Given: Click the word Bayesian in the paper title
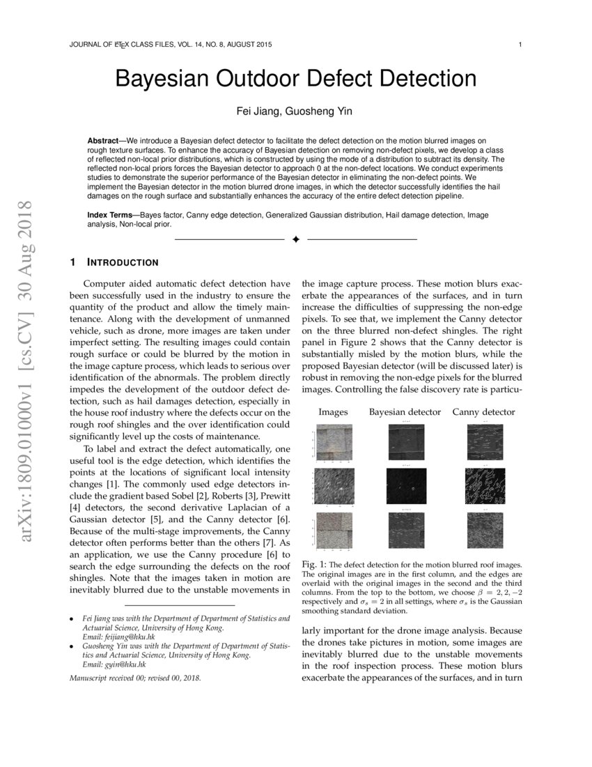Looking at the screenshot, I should [x=167, y=78].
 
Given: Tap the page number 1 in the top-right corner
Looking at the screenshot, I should [x=520, y=45].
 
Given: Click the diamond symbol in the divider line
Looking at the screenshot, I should [x=295, y=239].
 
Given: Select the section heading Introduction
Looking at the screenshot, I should [x=122, y=263].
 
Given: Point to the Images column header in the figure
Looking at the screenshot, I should [x=333, y=412].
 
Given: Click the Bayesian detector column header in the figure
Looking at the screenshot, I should [x=405, y=412].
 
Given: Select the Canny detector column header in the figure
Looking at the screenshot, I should [x=483, y=412].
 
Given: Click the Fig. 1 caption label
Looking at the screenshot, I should [x=315, y=564].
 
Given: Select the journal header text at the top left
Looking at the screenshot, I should [x=171, y=45].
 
